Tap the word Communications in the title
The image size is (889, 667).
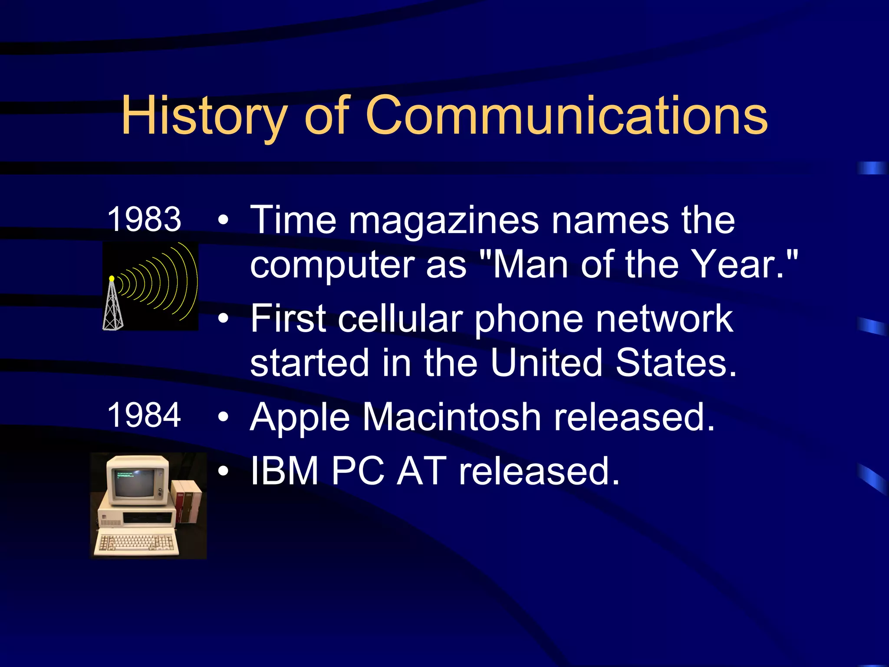(567, 116)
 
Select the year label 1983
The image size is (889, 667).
(144, 219)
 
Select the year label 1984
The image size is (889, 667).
(144, 415)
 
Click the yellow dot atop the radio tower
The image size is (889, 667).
(112, 278)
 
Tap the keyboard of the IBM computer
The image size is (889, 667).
(136, 542)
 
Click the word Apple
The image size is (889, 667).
(300, 418)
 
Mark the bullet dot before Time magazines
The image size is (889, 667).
(223, 221)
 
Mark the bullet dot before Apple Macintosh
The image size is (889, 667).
(223, 417)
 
